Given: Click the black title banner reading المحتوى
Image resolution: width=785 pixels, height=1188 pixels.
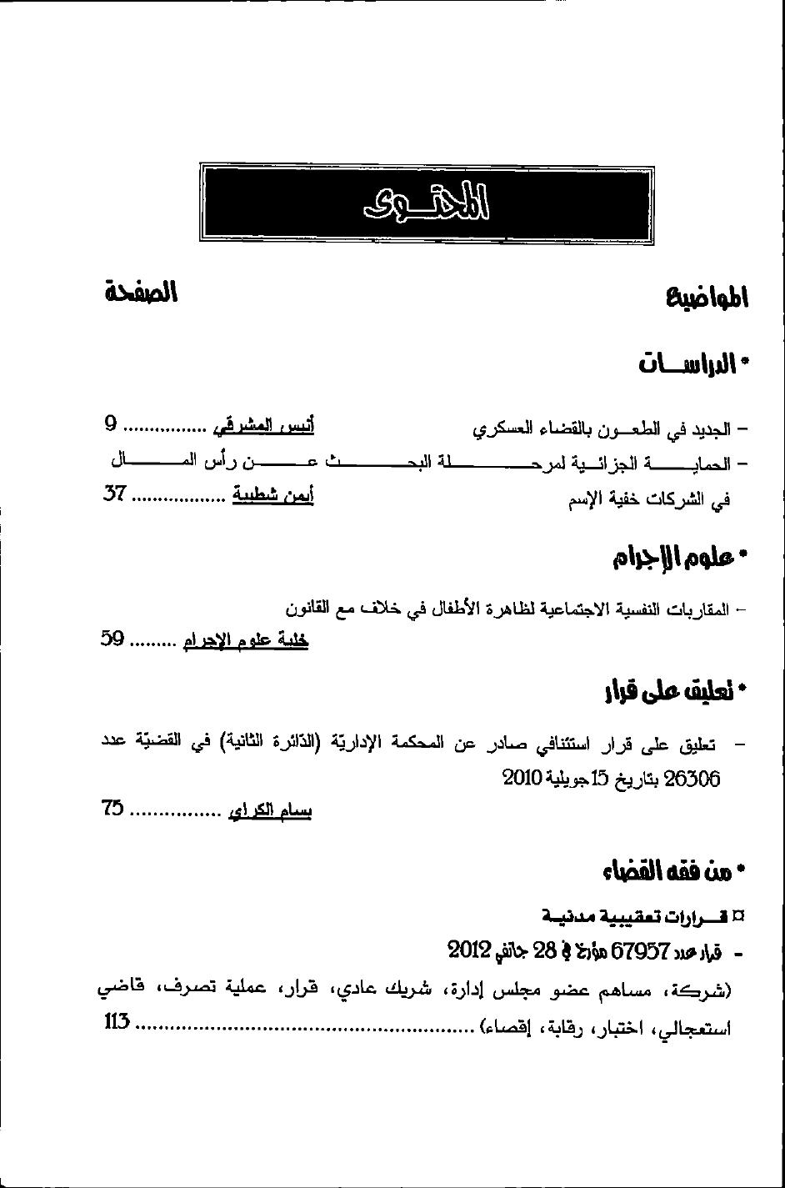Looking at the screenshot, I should click(427, 204).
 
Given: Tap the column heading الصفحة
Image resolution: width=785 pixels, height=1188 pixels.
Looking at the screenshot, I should click(141, 293).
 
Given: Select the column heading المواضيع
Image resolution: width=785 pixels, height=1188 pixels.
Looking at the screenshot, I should click(707, 298).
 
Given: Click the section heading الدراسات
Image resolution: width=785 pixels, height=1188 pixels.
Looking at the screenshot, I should click(688, 364).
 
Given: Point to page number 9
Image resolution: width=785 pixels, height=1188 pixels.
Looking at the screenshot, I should click(111, 426).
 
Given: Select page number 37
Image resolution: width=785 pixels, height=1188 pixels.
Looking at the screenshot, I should click(114, 494).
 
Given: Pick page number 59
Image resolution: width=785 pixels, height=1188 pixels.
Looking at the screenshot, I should click(113, 640).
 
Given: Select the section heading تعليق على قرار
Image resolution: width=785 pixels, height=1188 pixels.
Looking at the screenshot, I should click(668, 691).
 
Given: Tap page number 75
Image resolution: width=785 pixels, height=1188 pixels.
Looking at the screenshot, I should click(113, 808).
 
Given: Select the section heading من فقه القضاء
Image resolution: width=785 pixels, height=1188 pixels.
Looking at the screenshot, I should click(668, 872).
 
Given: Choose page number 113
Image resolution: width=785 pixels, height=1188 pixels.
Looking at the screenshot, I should click(117, 1023).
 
